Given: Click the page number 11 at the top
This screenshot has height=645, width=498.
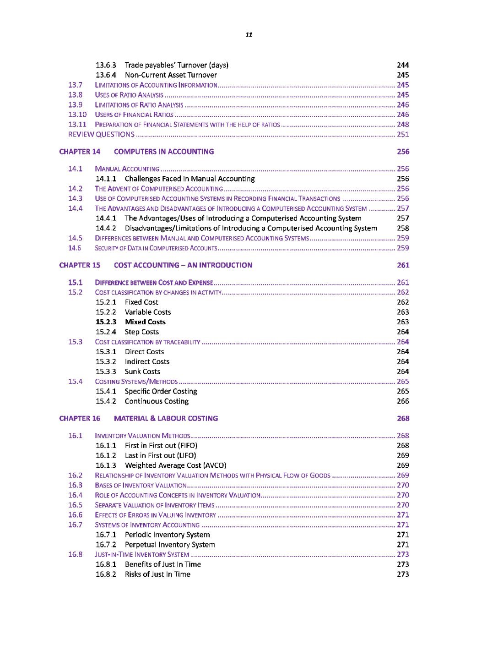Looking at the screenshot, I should [249, 34].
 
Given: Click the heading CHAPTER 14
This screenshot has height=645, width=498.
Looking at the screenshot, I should [80, 152].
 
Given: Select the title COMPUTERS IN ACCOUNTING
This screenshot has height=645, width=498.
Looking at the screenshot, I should [164, 152].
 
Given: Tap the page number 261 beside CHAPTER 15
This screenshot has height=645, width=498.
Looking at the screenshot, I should [403, 265].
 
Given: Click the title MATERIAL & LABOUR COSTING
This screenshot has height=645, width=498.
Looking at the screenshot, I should [166, 418].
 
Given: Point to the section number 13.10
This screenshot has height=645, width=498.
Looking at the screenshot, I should [77, 115].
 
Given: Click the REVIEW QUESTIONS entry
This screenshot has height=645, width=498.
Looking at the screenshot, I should [101, 134].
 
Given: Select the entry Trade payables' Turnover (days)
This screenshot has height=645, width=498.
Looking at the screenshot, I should [176, 65].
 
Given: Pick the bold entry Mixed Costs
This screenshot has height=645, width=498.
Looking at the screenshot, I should [145, 322].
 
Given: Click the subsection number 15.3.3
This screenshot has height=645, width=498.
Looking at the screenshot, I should [106, 372].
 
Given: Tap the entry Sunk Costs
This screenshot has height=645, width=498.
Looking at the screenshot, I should [142, 372].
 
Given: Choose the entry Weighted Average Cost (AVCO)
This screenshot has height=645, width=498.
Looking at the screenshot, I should [175, 465].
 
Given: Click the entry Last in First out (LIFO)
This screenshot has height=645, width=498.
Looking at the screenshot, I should [160, 455].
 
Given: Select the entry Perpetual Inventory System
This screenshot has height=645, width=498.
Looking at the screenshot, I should [169, 545].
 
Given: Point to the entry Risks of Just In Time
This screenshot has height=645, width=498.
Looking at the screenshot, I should [157, 574].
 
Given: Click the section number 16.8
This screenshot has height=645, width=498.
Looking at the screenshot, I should [75, 554].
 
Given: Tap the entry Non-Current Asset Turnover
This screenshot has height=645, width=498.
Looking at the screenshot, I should [171, 75].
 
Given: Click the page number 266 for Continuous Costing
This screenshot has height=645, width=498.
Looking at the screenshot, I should [403, 401].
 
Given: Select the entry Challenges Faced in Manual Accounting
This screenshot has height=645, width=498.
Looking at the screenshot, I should [189, 179].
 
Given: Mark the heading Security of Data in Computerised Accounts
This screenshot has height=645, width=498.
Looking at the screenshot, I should [156, 248].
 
